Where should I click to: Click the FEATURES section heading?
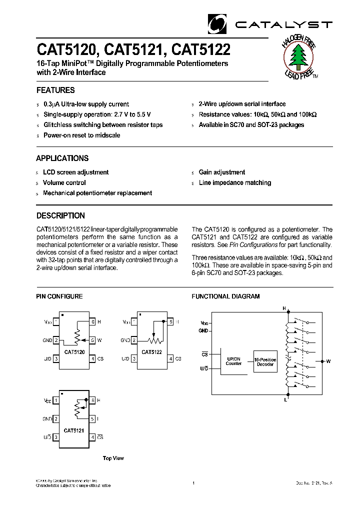click(55, 90)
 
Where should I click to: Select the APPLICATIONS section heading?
click(62, 158)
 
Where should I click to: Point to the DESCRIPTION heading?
click(60, 216)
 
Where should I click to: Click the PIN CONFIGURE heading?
click(59, 296)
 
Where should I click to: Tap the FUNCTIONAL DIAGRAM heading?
click(225, 296)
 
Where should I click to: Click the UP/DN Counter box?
click(233, 361)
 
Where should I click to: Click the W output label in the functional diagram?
click(328, 360)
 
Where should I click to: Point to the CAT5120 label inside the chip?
click(74, 352)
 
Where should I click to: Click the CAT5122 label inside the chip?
click(151, 352)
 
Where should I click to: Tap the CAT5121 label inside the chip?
click(74, 430)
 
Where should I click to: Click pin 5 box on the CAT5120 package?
click(92, 340)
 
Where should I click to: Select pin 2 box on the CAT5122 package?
click(134, 340)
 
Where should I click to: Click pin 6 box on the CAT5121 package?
click(92, 400)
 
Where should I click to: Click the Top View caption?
click(113, 458)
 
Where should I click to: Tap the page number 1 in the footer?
click(193, 483)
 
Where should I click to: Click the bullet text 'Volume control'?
click(64, 183)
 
